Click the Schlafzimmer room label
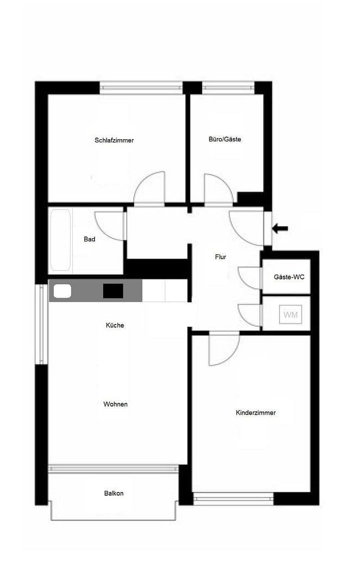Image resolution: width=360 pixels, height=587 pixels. tap(114, 140)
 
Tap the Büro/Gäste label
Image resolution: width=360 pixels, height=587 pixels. tap(225, 139)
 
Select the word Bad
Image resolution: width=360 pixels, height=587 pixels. tap(90, 239)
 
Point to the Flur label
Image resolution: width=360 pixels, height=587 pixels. tap(220, 257)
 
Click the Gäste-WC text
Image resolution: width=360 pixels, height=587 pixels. tap(289, 277)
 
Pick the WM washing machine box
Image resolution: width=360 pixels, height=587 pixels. tap(290, 315)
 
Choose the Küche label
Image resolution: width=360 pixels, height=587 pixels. tap(115, 325)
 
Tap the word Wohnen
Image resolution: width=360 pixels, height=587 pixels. tap(115, 404)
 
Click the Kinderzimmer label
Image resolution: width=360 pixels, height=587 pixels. tap(256, 413)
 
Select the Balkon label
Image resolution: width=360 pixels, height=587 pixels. tap(114, 494)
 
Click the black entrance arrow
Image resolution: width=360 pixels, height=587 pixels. tap(280, 228)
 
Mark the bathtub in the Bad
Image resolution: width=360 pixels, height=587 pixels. tap(60, 241)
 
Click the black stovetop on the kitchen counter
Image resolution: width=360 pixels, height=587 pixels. tap(113, 291)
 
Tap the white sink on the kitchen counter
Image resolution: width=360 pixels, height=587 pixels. tap(63, 291)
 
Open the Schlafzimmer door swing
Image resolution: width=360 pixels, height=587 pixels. tap(151, 190)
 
